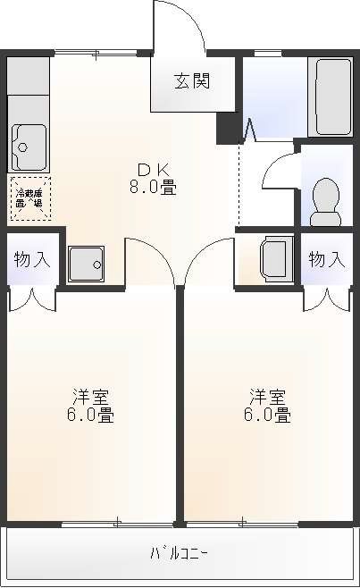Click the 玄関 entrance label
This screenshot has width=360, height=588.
pyautogui.click(x=191, y=81)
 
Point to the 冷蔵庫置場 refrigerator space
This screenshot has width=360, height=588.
pyautogui.click(x=30, y=197)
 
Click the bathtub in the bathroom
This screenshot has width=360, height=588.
pyautogui.click(x=332, y=94)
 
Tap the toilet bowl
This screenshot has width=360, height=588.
pyautogui.click(x=325, y=199)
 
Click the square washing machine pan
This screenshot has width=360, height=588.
pyautogui.click(x=86, y=262)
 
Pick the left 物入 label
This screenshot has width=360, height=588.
pyautogui.click(x=30, y=260)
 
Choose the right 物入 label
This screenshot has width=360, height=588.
pyautogui.click(x=326, y=260)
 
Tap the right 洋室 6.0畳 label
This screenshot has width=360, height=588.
pyautogui.click(x=268, y=405)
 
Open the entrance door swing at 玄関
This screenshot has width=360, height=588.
pyautogui.click(x=180, y=27)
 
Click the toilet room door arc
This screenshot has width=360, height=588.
pyautogui.click(x=279, y=169)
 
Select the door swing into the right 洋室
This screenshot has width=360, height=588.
pyautogui.click(x=207, y=261)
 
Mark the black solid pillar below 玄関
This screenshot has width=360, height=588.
pyautogui.click(x=230, y=128)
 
